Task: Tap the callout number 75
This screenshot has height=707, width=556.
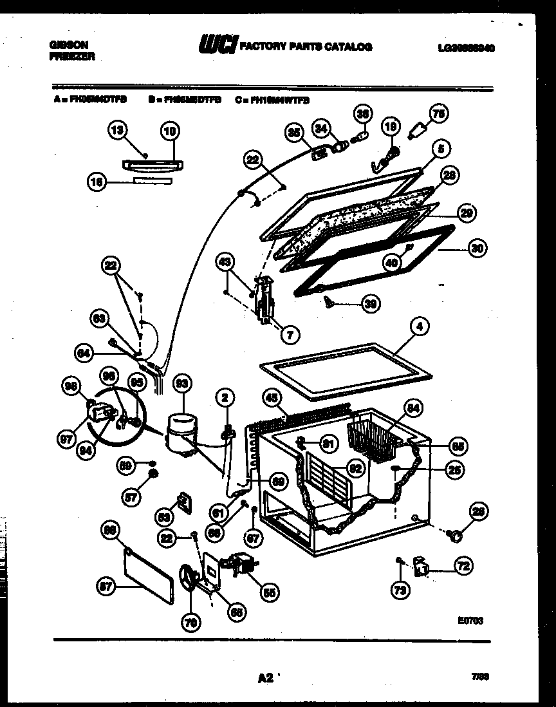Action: pos(439,115)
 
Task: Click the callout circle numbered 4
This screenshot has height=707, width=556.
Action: pos(419,328)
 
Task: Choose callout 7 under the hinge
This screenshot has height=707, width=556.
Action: pos(290,334)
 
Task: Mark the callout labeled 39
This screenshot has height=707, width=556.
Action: pos(370,304)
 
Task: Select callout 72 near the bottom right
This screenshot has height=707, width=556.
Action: pos(463,567)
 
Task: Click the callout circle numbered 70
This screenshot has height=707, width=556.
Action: pos(192,621)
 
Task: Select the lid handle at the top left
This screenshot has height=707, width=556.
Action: pos(150,165)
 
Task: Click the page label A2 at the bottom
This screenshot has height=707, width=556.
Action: pos(264,678)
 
